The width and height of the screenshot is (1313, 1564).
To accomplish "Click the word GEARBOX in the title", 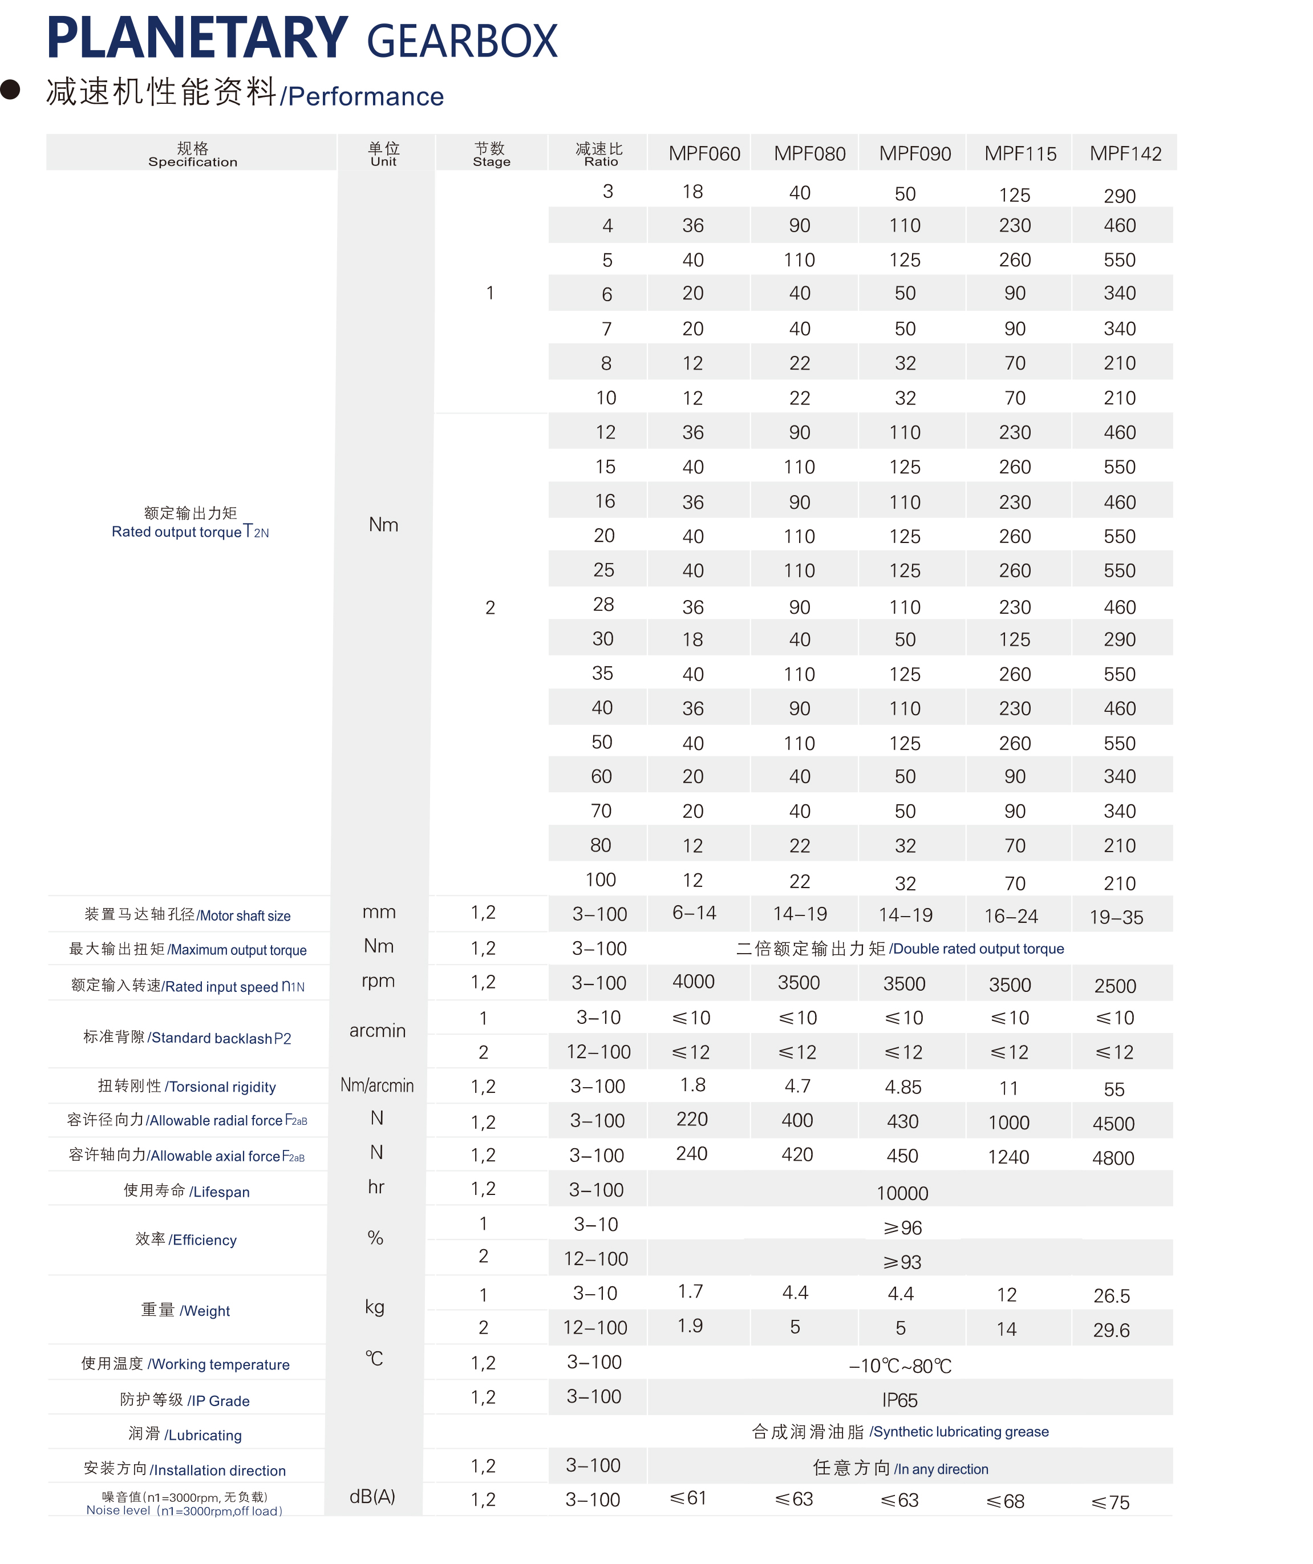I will tap(462, 42).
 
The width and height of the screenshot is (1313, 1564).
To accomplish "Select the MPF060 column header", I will tap(704, 154).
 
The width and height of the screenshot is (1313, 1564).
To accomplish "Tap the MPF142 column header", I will tap(1125, 154).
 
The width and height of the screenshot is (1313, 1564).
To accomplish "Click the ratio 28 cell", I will tap(603, 604).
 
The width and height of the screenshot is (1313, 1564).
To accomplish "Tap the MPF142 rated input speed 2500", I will tap(1115, 986).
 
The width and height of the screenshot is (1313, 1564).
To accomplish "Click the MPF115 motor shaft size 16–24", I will tap(1011, 916).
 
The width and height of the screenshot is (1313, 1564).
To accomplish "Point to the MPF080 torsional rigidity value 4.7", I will tap(797, 1086).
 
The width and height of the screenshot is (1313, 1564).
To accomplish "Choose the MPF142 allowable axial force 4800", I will tap(1113, 1158).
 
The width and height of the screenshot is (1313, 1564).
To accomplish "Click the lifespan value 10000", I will tap(902, 1193).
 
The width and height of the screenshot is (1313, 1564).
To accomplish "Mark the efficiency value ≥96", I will tap(902, 1227).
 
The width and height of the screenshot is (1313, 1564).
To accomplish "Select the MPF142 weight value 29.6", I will tap(1111, 1330).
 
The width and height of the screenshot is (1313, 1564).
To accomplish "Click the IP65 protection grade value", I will tap(899, 1400).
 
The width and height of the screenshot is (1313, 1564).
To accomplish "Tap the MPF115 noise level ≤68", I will tap(1006, 1501).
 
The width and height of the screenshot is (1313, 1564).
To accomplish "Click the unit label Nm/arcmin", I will tap(377, 1085).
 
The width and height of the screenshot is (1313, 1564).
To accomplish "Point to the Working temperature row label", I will tap(185, 1364).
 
